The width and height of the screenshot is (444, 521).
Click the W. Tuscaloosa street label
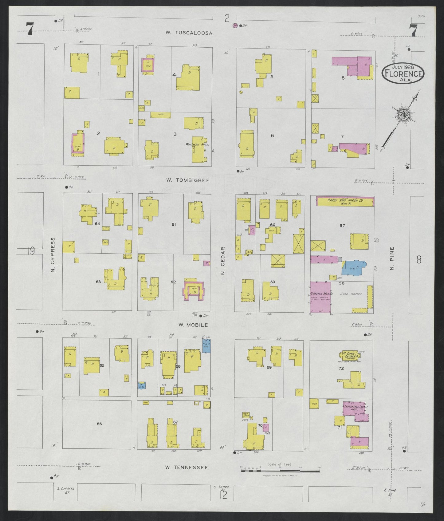point(189,33)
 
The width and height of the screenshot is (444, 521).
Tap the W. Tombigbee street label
point(188,180)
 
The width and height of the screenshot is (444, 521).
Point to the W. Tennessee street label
point(187,468)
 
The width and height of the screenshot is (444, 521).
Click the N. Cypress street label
point(53,255)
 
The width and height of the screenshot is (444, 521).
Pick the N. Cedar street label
point(223,261)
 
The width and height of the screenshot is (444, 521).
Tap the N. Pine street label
point(392,259)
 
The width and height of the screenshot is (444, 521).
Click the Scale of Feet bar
point(280,470)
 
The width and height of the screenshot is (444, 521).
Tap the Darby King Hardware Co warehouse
point(345,202)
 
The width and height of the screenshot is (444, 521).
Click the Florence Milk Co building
point(320,298)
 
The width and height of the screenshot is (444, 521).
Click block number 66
point(99,424)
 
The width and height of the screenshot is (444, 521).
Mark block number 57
point(342,226)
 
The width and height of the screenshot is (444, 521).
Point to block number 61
point(174,225)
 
